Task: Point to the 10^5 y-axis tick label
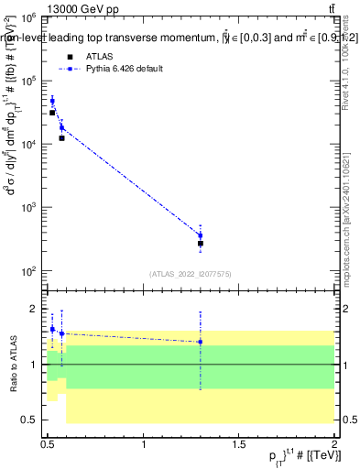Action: click(29, 82)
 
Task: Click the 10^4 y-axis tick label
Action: click(29, 145)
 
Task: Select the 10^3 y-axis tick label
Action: click(29, 208)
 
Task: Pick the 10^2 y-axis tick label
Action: click(29, 271)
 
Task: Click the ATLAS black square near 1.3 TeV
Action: click(201, 244)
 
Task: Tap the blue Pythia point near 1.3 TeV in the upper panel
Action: click(201, 235)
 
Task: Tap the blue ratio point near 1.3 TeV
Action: click(201, 342)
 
